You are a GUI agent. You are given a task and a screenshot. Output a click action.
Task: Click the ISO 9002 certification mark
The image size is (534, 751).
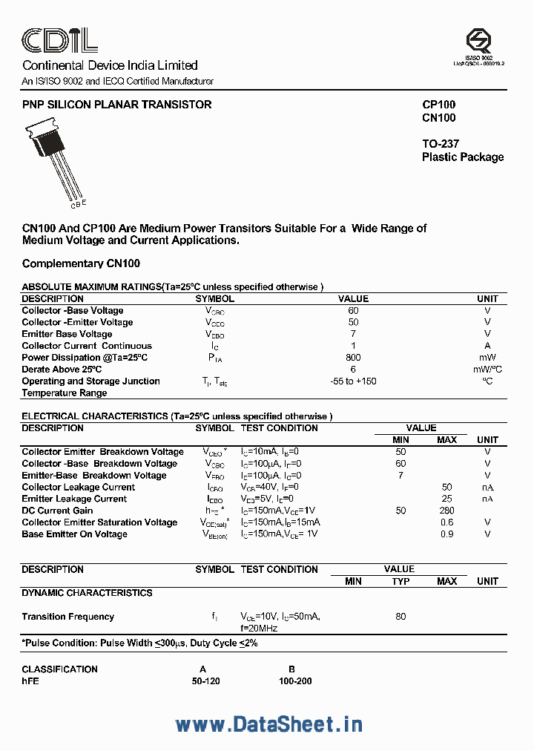point(478,45)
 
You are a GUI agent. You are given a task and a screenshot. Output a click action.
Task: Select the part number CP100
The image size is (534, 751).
point(438,105)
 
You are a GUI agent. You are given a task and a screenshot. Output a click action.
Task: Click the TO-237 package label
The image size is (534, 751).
point(441,144)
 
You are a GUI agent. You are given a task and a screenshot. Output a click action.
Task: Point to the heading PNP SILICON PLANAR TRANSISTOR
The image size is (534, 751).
point(116,105)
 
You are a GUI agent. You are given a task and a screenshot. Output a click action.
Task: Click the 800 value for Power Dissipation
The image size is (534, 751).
point(353,357)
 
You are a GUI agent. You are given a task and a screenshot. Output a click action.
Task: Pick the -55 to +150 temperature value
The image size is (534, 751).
point(353,381)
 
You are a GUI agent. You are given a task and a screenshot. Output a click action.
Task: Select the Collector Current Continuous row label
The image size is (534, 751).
point(87,346)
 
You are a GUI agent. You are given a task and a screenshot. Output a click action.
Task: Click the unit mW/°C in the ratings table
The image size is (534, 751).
point(487,369)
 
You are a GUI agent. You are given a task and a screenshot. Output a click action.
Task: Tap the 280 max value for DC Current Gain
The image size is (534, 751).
point(446,511)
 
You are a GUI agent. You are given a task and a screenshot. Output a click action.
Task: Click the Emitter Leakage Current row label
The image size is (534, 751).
point(74,499)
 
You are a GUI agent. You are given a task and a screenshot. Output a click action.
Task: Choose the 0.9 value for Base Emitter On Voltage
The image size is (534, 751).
point(446,534)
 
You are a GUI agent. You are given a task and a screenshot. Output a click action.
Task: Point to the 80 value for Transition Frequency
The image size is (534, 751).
point(400,616)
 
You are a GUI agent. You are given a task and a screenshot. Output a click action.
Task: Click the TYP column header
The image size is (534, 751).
point(400,581)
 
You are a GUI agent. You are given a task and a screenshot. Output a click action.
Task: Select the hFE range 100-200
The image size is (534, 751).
point(295,681)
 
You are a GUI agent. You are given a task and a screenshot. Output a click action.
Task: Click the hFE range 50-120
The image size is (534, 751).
point(205,681)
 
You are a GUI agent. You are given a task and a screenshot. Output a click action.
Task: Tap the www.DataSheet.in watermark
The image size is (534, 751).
point(268,724)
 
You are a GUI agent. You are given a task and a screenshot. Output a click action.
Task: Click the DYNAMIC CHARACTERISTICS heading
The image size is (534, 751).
point(87,593)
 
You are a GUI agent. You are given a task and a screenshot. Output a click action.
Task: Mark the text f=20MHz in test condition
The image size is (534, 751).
point(259,629)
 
